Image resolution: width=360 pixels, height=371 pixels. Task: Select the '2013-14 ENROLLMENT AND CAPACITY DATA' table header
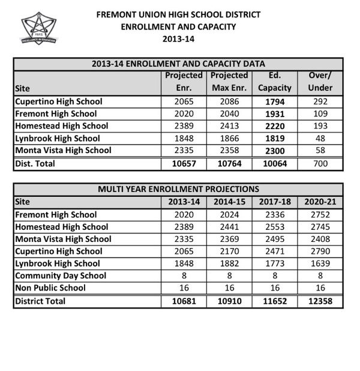click(178, 64)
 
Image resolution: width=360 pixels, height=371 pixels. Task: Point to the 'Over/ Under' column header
click(320, 82)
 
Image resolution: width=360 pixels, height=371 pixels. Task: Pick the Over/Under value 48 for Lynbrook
click(320, 138)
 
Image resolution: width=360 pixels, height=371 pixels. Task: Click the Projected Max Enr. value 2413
click(229, 126)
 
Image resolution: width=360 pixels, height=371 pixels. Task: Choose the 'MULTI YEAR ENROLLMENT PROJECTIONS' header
click(178, 190)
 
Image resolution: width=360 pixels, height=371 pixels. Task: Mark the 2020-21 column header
click(320, 202)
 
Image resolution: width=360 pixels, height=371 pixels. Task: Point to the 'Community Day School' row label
click(60, 276)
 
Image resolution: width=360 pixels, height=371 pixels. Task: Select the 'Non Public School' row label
click(50, 288)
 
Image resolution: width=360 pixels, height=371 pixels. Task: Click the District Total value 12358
click(320, 301)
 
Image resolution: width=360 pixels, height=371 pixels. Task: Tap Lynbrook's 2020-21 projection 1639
click(320, 264)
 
